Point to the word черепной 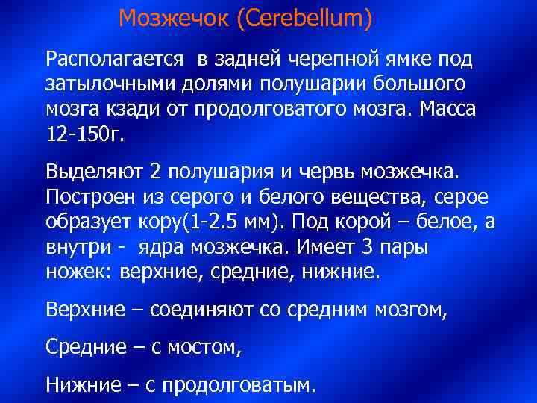point(330,58)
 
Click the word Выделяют point(94,173)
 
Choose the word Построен point(92,199)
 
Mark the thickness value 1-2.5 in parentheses point(234,223)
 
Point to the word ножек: point(78,272)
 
